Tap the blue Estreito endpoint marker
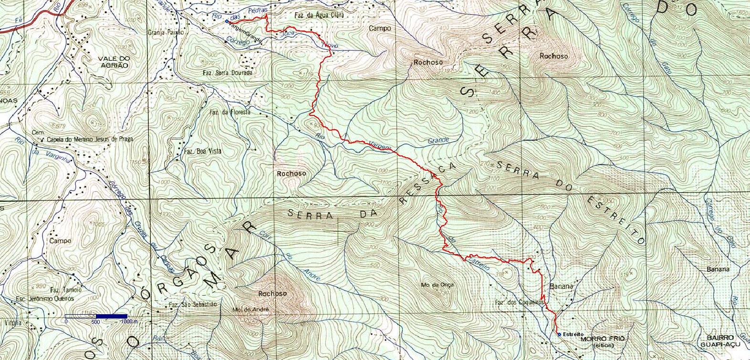tap(559, 334)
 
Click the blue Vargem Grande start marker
tap(227, 21)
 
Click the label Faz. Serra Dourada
tap(228, 73)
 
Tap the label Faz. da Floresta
tap(230, 113)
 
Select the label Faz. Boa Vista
tap(203, 151)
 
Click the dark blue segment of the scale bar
tap(112, 316)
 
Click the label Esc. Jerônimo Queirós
tap(45, 299)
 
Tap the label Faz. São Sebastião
tap(193, 304)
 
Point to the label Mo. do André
tap(251, 309)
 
